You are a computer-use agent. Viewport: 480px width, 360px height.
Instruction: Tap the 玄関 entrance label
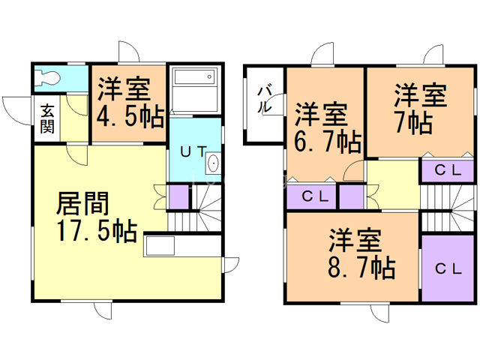point(46,118)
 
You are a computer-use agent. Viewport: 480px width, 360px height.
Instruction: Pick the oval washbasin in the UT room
point(212,164)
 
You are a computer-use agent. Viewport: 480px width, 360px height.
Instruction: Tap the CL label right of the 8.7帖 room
point(448,268)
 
